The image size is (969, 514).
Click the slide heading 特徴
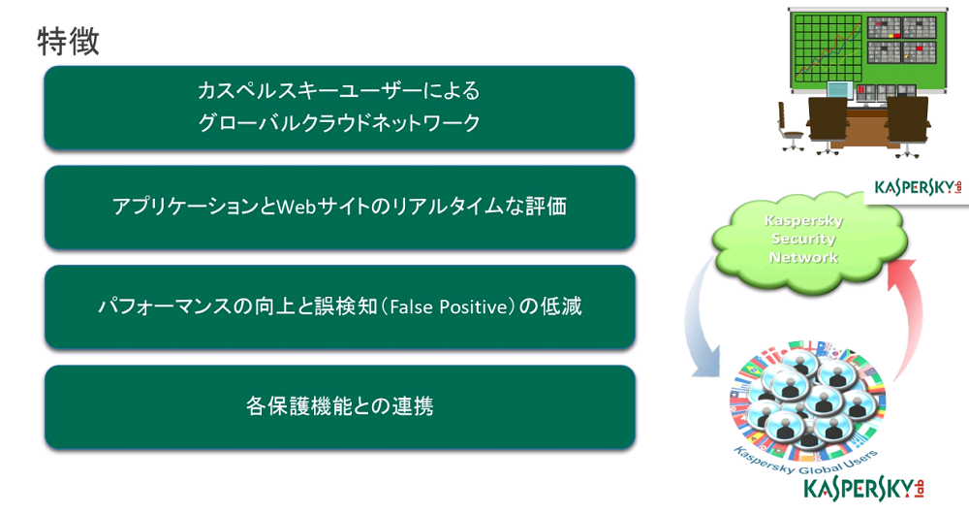[68, 42]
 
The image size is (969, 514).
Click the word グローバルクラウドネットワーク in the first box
[339, 122]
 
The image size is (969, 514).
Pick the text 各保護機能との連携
[340, 406]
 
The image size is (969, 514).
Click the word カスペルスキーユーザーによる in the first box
[338, 91]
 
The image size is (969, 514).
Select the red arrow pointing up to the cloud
[909, 315]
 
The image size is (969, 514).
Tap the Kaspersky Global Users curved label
[804, 462]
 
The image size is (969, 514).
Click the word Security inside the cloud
[803, 239]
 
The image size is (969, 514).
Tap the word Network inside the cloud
[803, 257]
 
